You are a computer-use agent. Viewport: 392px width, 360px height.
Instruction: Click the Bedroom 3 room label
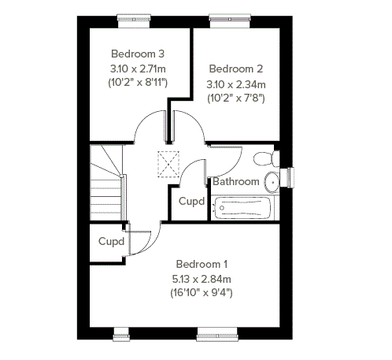(x=138, y=54)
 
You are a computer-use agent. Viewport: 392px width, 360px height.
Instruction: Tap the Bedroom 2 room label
(x=236, y=69)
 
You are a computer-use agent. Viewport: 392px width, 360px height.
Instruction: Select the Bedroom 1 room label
(x=202, y=264)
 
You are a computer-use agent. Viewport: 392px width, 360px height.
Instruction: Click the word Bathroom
(x=236, y=181)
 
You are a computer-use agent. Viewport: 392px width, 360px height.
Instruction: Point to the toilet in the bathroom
(x=266, y=158)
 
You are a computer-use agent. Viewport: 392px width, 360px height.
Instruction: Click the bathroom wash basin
(x=272, y=182)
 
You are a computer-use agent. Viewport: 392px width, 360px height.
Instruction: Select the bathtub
(x=242, y=208)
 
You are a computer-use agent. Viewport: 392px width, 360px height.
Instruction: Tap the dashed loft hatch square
(x=168, y=164)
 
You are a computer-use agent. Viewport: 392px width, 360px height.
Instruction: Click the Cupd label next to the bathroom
(x=191, y=202)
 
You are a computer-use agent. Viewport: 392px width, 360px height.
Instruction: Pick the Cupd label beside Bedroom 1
(x=111, y=241)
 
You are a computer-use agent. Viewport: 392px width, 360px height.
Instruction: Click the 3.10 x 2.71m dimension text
(x=138, y=69)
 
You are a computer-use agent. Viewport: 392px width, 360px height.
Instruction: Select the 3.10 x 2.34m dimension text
(x=236, y=84)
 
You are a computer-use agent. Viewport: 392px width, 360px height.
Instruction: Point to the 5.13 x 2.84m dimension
(x=202, y=279)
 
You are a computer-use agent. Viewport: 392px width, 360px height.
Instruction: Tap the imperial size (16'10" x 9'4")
(x=202, y=292)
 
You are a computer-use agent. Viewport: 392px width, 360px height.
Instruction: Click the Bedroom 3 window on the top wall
(x=134, y=21)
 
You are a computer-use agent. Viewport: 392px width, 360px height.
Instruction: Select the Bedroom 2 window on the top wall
(x=230, y=21)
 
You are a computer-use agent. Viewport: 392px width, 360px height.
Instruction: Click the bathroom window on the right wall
(x=287, y=177)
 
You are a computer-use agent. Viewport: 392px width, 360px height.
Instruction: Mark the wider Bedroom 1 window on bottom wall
(x=217, y=334)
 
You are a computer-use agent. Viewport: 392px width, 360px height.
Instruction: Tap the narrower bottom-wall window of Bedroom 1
(x=121, y=334)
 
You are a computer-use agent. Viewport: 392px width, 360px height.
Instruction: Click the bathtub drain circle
(x=222, y=208)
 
